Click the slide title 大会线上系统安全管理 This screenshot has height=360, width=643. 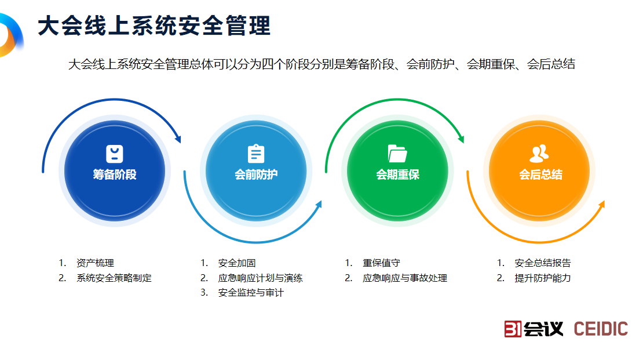[154, 26]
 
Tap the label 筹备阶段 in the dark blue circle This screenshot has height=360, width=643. [115, 174]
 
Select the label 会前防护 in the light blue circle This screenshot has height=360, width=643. [256, 174]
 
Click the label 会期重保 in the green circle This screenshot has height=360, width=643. [398, 174]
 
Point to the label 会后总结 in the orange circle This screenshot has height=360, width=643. [540, 174]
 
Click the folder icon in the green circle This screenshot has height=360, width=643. [397, 153]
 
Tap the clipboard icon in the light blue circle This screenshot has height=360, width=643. [256, 154]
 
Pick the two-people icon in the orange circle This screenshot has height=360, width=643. [539, 154]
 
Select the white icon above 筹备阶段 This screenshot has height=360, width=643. [115, 154]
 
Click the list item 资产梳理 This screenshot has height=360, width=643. [91, 263]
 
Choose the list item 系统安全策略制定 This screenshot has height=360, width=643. [114, 278]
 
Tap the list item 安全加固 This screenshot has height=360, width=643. [237, 263]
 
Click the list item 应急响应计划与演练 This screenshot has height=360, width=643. [260, 278]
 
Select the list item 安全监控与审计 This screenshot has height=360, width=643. [251, 293]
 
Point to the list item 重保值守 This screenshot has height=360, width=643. [381, 263]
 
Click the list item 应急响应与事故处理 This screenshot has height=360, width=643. [405, 278]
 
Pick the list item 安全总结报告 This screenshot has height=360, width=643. [543, 263]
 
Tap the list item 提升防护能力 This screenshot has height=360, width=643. [543, 278]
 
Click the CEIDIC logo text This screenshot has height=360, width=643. [601, 329]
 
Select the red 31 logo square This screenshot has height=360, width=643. [513, 329]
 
